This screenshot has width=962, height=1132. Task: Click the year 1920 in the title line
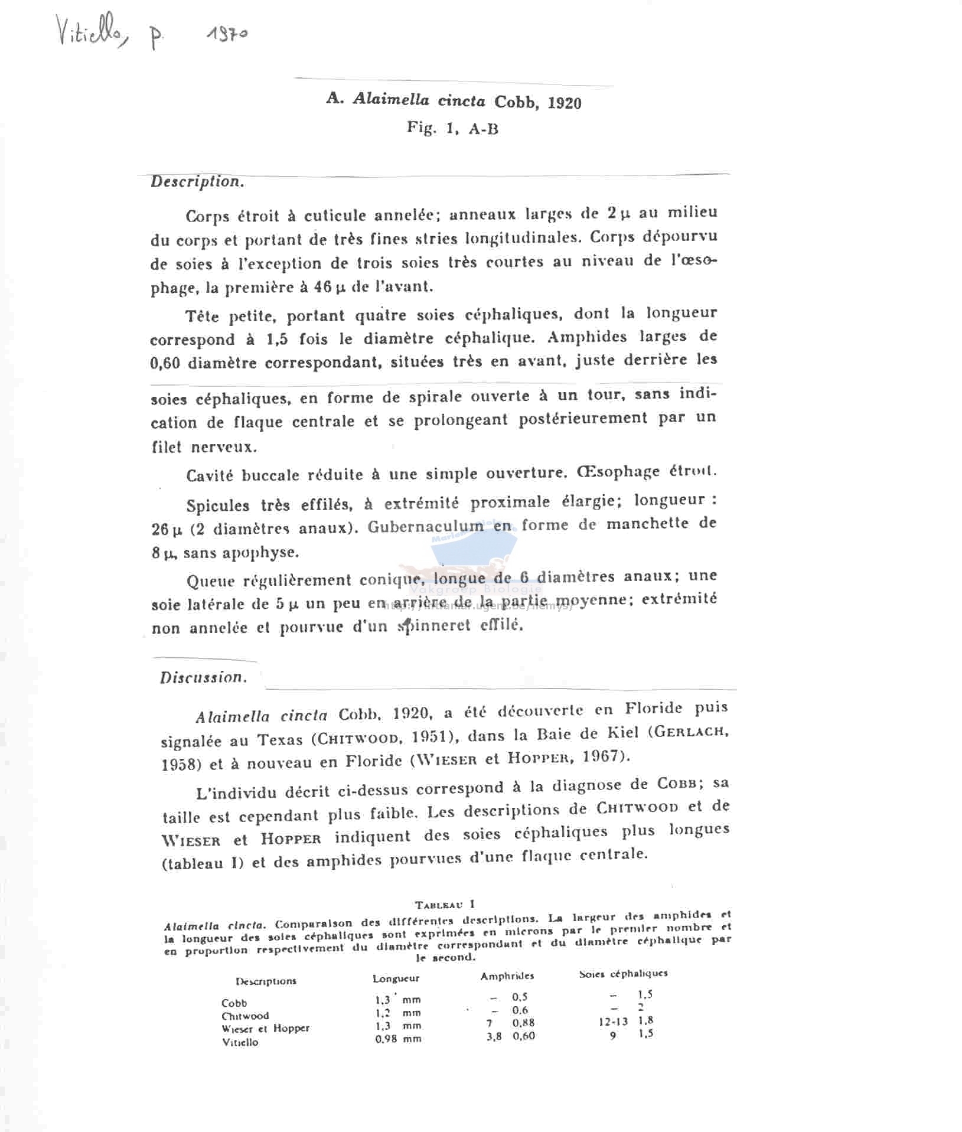point(564,103)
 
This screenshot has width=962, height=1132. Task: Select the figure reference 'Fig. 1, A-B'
point(452,128)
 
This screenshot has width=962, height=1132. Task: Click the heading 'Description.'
point(197,181)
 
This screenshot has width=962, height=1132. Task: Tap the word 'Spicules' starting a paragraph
point(218,505)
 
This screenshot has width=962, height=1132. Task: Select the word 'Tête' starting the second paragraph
point(202,317)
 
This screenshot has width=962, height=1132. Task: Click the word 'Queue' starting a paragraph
point(211,581)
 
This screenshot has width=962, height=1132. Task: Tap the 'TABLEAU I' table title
point(445,904)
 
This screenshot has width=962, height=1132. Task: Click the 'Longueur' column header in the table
point(396,978)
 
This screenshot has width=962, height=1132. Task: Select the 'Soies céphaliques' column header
point(623,974)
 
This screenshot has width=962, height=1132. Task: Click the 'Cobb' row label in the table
point(234,1003)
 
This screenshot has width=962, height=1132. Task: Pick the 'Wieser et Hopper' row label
point(265,1028)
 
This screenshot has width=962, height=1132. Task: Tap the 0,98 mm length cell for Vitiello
point(398,1039)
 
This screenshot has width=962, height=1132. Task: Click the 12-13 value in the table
point(613,1022)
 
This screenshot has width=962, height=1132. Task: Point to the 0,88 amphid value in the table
point(524,1023)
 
